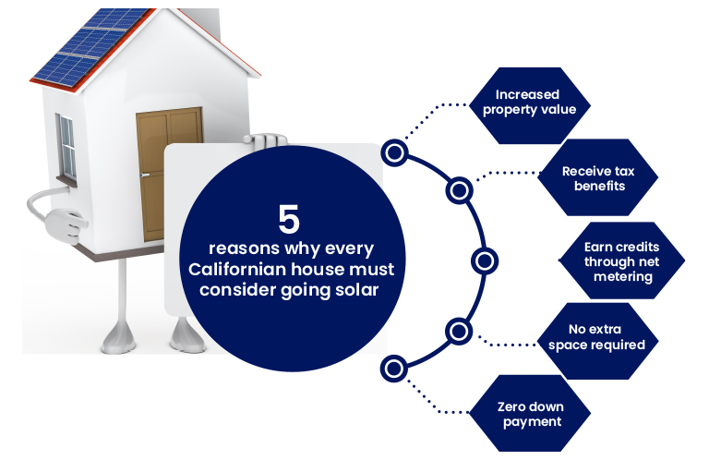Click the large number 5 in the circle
pyautogui.click(x=289, y=219)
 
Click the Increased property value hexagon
pyautogui.click(x=530, y=106)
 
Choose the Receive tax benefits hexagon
pyautogui.click(x=597, y=177)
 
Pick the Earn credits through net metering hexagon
pyautogui.click(x=621, y=260)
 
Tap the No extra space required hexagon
pyautogui.click(x=597, y=341)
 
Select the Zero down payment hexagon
pyautogui.click(x=530, y=413)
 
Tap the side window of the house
pyautogui.click(x=66, y=148)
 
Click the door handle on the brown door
pyautogui.click(x=144, y=176)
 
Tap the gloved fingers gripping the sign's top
pyautogui.click(x=265, y=140)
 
